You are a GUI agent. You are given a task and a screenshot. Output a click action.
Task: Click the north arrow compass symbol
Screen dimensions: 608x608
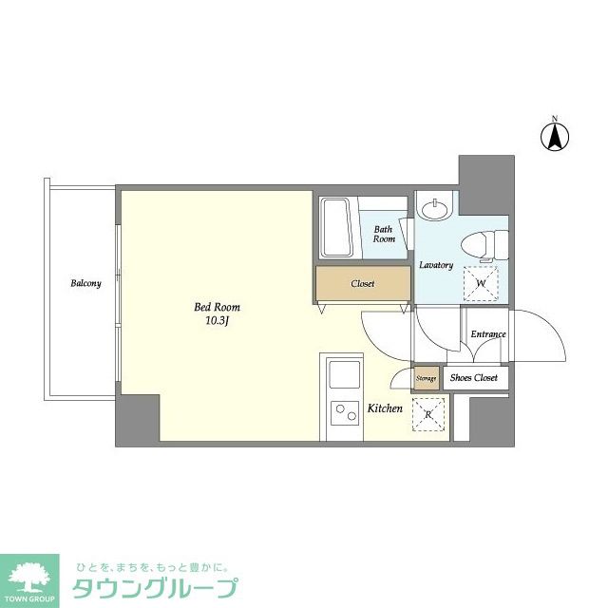pos(554,135)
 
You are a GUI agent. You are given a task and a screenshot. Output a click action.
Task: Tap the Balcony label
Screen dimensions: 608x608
pos(85,283)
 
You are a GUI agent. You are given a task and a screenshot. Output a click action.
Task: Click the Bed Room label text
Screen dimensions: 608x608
pos(217,307)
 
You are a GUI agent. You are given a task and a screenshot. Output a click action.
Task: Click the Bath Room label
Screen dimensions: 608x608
pos(384,234)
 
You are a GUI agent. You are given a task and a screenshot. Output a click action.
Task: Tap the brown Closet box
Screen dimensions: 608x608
pos(362,283)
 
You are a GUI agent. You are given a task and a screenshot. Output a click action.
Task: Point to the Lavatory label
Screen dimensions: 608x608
pos(436,265)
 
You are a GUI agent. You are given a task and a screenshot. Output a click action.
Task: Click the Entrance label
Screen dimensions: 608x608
pos(488,334)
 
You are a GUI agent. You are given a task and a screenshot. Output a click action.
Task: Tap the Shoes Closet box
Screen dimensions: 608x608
pos(474,377)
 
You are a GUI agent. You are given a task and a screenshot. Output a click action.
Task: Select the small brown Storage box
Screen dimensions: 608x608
pos(427,378)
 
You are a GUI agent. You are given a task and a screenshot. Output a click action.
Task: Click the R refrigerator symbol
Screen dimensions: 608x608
pos(427,413)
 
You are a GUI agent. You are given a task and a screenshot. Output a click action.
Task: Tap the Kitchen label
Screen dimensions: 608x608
pos(385,408)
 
